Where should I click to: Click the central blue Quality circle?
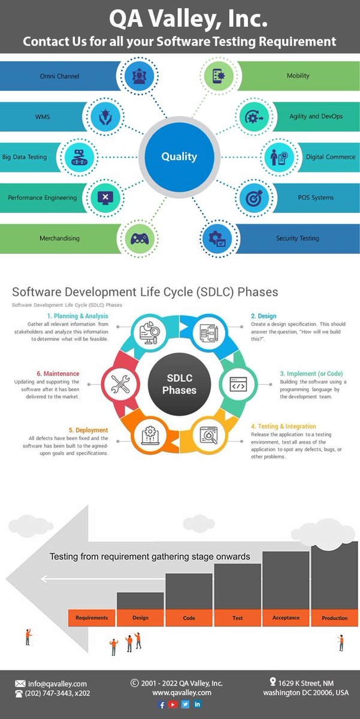179,157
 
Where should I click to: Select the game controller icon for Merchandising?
140,238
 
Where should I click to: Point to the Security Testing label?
297,238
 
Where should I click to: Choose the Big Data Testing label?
25,157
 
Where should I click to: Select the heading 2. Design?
264,316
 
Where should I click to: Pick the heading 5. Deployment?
88,430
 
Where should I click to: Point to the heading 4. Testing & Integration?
283,427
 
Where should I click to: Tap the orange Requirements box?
92,618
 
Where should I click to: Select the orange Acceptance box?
286,618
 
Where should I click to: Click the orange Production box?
334,618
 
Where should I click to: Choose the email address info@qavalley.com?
57,684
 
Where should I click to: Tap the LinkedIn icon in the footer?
198,705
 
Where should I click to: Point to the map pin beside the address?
273,682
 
